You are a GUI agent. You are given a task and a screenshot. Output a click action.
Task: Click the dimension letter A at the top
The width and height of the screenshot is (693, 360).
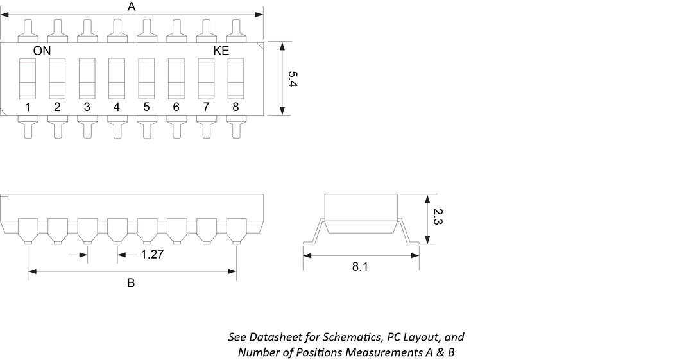(132, 7)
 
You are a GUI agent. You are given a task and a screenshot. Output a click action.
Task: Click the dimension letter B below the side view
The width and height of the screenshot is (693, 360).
(131, 283)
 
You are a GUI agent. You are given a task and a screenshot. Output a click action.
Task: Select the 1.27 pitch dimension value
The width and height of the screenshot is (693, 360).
(153, 255)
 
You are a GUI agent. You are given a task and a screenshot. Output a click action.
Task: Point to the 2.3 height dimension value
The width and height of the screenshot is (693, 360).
(438, 216)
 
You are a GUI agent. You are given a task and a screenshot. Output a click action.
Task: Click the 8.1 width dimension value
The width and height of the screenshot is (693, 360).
(360, 267)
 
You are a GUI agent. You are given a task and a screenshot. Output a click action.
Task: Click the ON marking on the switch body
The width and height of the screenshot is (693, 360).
(42, 51)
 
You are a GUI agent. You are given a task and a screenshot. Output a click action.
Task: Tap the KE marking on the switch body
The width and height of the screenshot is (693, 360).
(221, 51)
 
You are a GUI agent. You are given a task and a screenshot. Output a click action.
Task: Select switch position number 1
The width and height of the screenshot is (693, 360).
(28, 107)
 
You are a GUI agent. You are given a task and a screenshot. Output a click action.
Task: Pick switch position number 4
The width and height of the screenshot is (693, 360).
(117, 107)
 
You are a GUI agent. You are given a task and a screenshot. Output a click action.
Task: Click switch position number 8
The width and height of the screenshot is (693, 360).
(235, 107)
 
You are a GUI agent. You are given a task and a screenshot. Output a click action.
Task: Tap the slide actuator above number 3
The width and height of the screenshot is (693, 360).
(87, 78)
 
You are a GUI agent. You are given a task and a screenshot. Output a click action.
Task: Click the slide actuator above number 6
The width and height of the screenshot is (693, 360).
(176, 78)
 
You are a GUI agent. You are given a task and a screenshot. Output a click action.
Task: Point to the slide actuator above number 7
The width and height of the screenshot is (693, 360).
(206, 78)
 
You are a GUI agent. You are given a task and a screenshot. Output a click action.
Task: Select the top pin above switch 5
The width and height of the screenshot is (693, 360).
(146, 29)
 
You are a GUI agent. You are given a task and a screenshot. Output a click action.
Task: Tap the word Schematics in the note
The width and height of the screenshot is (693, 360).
(348, 337)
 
